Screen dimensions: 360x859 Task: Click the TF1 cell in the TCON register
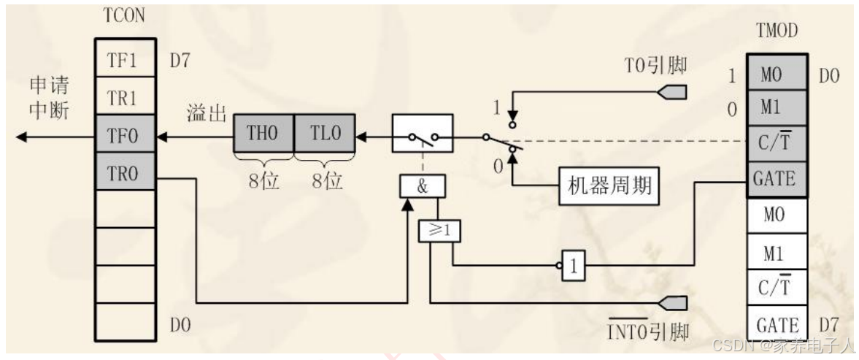(x=126, y=60)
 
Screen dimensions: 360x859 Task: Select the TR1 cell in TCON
(x=126, y=96)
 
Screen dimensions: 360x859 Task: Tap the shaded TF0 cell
(x=126, y=135)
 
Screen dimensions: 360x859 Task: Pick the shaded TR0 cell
(x=126, y=172)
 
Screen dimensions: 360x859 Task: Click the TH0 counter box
(x=263, y=135)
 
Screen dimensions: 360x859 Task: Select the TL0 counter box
(x=324, y=135)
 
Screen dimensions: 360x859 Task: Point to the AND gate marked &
(x=422, y=187)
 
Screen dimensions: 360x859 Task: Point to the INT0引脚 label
(x=647, y=330)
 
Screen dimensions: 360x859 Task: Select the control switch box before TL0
(x=423, y=134)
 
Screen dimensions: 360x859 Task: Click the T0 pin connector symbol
(x=671, y=93)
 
